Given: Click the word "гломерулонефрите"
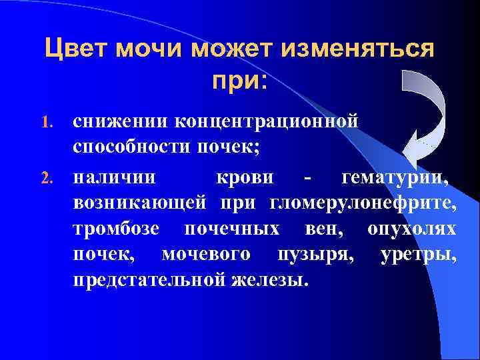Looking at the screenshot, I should (x=363, y=203).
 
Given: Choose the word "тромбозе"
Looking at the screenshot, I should (x=117, y=229).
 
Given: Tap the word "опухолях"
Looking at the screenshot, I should (x=411, y=229).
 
